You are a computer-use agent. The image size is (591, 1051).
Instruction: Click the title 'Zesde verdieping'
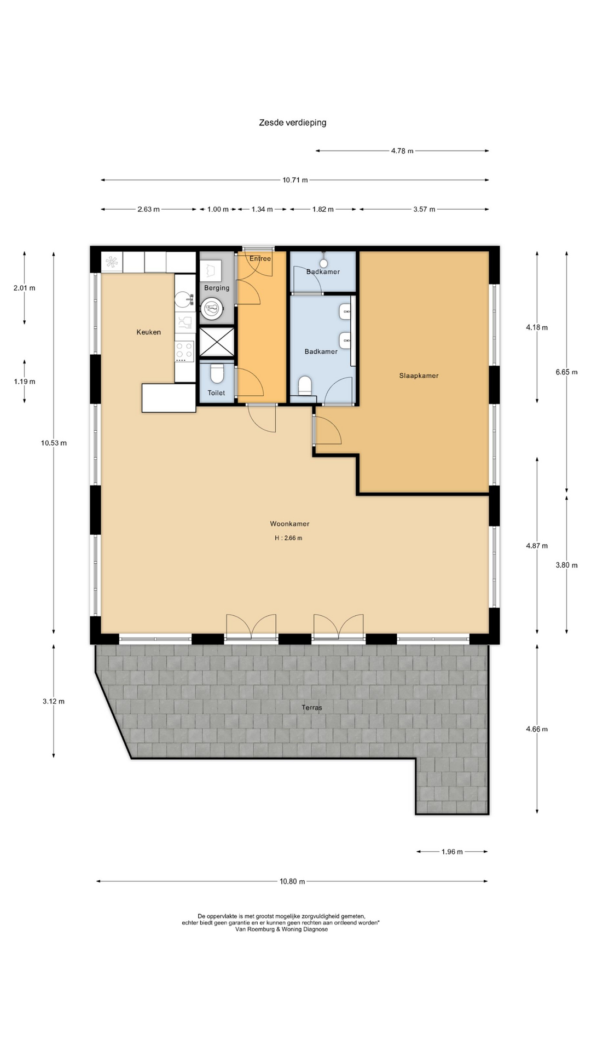(x=293, y=123)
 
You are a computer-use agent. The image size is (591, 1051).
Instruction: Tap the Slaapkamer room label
(x=419, y=376)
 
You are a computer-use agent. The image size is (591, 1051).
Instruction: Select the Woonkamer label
(x=289, y=524)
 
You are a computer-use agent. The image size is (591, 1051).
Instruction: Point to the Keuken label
(x=149, y=332)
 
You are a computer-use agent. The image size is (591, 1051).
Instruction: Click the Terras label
(x=312, y=708)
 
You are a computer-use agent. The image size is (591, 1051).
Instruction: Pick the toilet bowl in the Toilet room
(x=217, y=374)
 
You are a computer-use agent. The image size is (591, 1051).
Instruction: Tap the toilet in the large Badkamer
(x=305, y=385)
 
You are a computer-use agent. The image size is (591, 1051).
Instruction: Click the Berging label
(x=217, y=288)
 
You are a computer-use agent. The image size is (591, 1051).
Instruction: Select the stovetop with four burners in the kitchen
(x=184, y=351)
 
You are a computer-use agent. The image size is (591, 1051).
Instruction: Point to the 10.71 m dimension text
(x=295, y=180)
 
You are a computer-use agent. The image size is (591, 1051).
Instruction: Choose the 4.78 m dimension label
(x=402, y=151)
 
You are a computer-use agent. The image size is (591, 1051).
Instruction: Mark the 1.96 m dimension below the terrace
(x=452, y=852)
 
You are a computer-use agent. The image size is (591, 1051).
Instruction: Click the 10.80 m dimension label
(x=292, y=881)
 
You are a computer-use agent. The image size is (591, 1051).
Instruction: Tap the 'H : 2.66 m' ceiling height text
(x=288, y=538)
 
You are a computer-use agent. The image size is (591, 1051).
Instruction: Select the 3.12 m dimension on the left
(x=54, y=701)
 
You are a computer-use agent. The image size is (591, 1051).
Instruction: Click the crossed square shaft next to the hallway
(x=217, y=343)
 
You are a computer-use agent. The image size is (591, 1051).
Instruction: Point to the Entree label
(x=260, y=259)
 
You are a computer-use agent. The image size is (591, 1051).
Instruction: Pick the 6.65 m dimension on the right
(x=566, y=372)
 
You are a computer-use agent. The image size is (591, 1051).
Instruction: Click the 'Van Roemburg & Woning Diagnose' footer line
(x=281, y=929)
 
